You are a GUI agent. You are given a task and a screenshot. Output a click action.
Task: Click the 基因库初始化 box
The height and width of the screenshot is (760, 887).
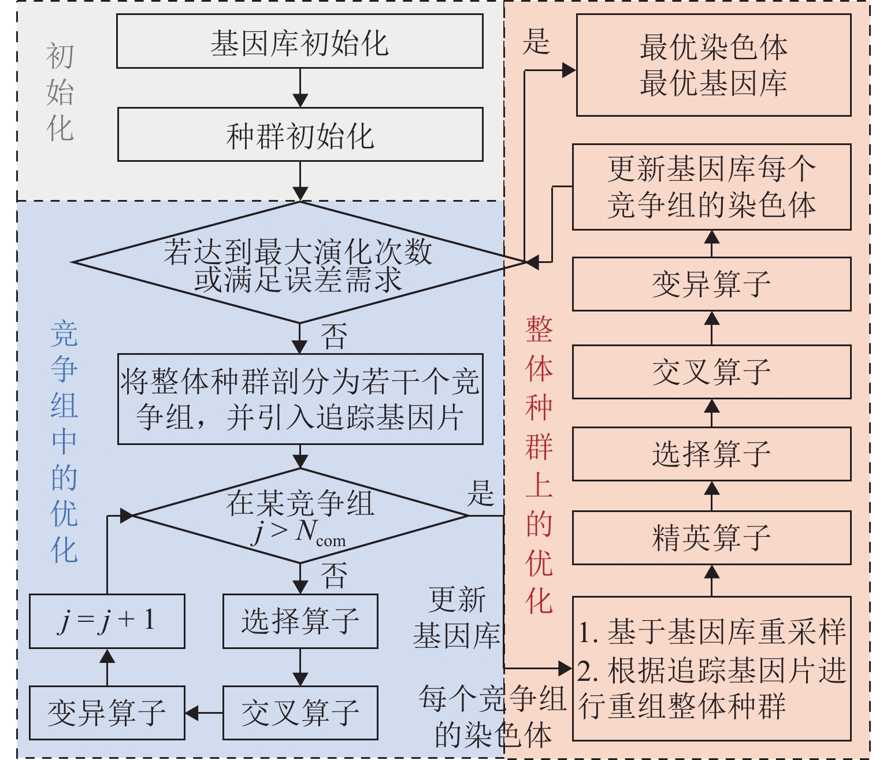(x=299, y=42)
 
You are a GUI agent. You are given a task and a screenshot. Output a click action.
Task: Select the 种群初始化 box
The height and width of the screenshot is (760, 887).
(x=299, y=135)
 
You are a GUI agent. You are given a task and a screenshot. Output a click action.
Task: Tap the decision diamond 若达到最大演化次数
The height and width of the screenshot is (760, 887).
(x=299, y=263)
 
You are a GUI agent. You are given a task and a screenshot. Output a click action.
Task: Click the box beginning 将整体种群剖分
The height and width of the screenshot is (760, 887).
(x=299, y=399)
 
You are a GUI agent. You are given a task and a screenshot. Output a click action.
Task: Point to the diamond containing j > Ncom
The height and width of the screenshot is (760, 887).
(x=299, y=516)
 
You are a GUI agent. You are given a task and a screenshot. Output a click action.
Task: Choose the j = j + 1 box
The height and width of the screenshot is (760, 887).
(x=107, y=621)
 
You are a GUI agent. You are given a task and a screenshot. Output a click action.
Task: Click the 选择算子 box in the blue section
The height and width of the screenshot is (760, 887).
(x=300, y=621)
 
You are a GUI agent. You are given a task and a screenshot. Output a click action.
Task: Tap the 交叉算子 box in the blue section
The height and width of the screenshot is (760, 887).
(x=300, y=713)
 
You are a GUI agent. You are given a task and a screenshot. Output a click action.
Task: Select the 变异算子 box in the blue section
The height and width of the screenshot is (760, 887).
(x=107, y=713)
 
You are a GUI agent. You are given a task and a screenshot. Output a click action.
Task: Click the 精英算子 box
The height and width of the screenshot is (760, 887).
(x=711, y=537)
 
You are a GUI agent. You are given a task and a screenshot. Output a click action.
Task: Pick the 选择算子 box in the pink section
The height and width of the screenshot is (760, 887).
(x=711, y=454)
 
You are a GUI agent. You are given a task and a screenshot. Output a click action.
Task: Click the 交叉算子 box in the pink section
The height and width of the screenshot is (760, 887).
(x=711, y=372)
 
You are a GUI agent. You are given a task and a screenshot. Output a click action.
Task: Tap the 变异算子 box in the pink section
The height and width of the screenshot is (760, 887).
(x=711, y=284)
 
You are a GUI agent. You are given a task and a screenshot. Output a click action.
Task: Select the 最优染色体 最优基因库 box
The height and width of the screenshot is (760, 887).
(x=713, y=65)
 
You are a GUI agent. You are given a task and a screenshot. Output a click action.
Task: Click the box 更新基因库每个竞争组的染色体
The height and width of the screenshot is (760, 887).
(x=711, y=187)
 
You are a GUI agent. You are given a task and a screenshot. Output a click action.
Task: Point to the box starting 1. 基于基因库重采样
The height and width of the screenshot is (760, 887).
(x=711, y=668)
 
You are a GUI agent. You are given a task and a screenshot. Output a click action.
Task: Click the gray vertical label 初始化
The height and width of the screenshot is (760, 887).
(x=60, y=92)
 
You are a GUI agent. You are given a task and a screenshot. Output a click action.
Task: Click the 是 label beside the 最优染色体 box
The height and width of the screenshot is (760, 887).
(x=536, y=42)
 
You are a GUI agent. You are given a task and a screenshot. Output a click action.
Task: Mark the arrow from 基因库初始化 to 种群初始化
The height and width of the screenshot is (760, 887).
(x=300, y=88)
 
